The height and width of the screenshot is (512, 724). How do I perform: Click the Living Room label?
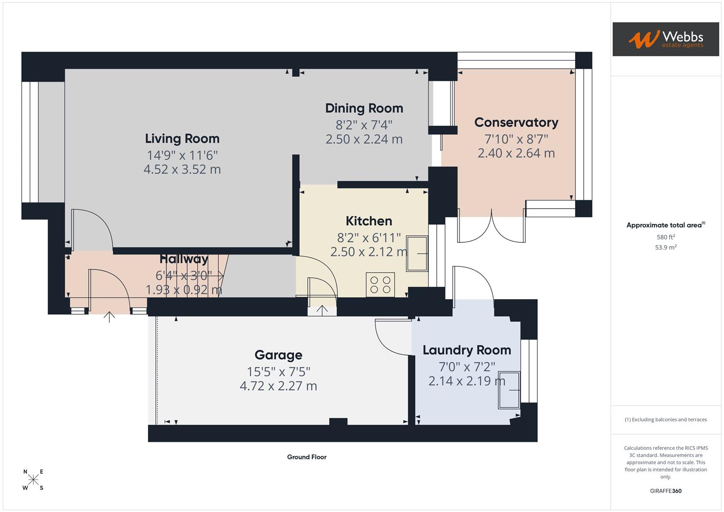pyautogui.click(x=182, y=138)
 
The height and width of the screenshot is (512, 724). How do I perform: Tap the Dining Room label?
pyautogui.click(x=364, y=108)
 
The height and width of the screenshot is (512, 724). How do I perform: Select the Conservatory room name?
pyautogui.click(x=516, y=122)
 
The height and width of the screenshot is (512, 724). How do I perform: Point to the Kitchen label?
pyautogui.click(x=369, y=221)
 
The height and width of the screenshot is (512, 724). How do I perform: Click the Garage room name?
pyautogui.click(x=278, y=355)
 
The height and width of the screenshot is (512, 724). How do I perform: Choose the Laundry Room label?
pyautogui.click(x=467, y=350)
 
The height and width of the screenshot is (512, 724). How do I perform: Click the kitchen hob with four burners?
pyautogui.click(x=380, y=285)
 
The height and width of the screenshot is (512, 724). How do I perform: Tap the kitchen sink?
pyautogui.click(x=417, y=254)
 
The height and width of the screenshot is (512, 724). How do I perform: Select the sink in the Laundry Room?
pyautogui.click(x=509, y=390)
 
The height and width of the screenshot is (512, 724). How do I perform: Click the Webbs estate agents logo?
pyautogui.click(x=666, y=39)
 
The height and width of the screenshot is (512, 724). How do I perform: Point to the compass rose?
pyautogui.click(x=33, y=479)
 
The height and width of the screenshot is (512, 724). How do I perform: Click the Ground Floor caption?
pyautogui.click(x=307, y=457)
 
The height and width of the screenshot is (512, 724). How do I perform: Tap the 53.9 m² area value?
pyautogui.click(x=666, y=247)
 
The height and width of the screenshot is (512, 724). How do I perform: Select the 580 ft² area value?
pyautogui.click(x=666, y=237)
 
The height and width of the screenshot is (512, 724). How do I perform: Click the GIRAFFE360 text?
pyautogui.click(x=666, y=491)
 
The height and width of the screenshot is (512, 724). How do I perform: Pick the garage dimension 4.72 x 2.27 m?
pyautogui.click(x=278, y=386)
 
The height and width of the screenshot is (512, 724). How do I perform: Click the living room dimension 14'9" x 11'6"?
pyautogui.click(x=182, y=155)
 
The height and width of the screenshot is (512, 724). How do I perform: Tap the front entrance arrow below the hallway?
pyautogui.click(x=109, y=317)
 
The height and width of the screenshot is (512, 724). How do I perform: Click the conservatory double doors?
pyautogui.click(x=491, y=226)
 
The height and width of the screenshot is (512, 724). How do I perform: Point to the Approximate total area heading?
pyautogui.click(x=666, y=225)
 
